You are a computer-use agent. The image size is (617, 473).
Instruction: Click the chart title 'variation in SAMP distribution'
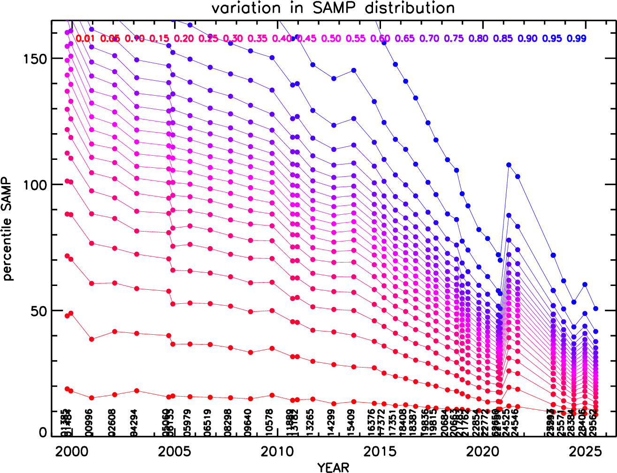pyautogui.click(x=333, y=8)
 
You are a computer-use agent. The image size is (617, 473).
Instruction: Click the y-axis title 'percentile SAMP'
pyautogui.click(x=8, y=229)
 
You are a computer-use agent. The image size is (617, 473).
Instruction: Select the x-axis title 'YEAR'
pyautogui.click(x=333, y=467)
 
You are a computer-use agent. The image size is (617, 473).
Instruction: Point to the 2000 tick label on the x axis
pyautogui.click(x=71, y=451)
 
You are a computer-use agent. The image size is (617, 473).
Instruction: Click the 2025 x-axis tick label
pyautogui.click(x=585, y=451)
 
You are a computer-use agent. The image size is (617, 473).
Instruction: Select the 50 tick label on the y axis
pyautogui.click(x=39, y=311)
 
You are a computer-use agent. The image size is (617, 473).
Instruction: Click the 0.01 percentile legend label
pyautogui.click(x=85, y=38)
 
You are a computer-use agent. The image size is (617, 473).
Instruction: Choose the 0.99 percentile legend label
pyautogui.click(x=577, y=38)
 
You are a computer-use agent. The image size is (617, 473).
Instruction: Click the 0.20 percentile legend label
pyautogui.click(x=184, y=38)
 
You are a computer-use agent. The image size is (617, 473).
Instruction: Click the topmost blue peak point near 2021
pyautogui.click(x=509, y=165)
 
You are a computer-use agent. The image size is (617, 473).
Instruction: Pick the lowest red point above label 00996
pyautogui.click(x=91, y=398)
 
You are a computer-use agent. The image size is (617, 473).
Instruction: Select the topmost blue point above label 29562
pyautogui.click(x=595, y=308)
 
